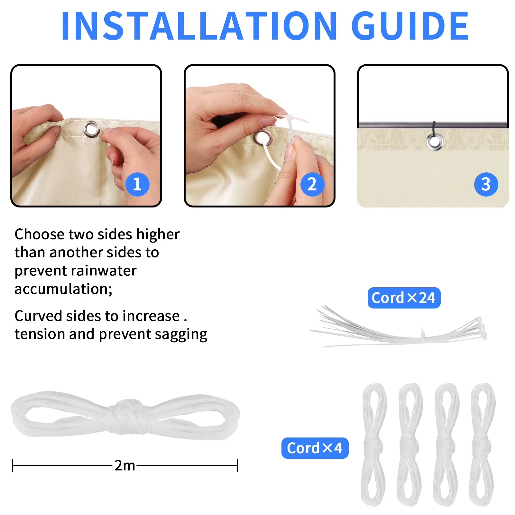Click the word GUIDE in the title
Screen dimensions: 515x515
[x=410, y=26]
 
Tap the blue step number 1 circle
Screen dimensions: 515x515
[x=137, y=184]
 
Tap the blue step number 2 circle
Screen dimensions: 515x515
[x=312, y=184]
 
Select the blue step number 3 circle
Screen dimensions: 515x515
[x=486, y=184]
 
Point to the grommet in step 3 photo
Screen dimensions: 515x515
[x=435, y=142]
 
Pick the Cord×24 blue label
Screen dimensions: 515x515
[x=404, y=298]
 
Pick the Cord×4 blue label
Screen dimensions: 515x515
[x=315, y=448]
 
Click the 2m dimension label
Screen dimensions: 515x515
[x=125, y=465]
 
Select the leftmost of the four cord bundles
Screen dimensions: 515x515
[x=374, y=444]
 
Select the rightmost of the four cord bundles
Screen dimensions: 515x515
[x=482, y=444]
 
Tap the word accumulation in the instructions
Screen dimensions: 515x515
[x=63, y=289]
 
